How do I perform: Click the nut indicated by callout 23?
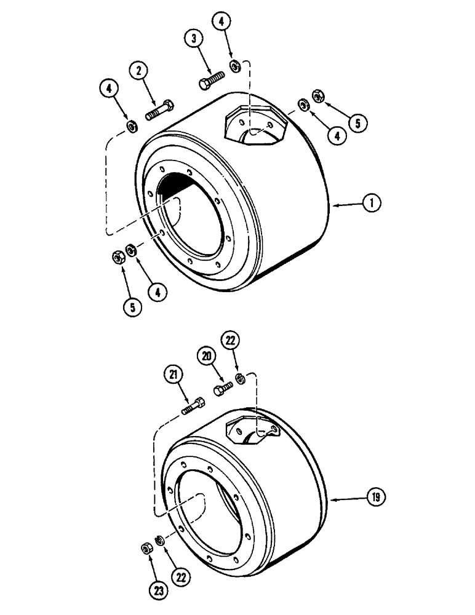146,547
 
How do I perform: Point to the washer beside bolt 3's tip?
235,66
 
